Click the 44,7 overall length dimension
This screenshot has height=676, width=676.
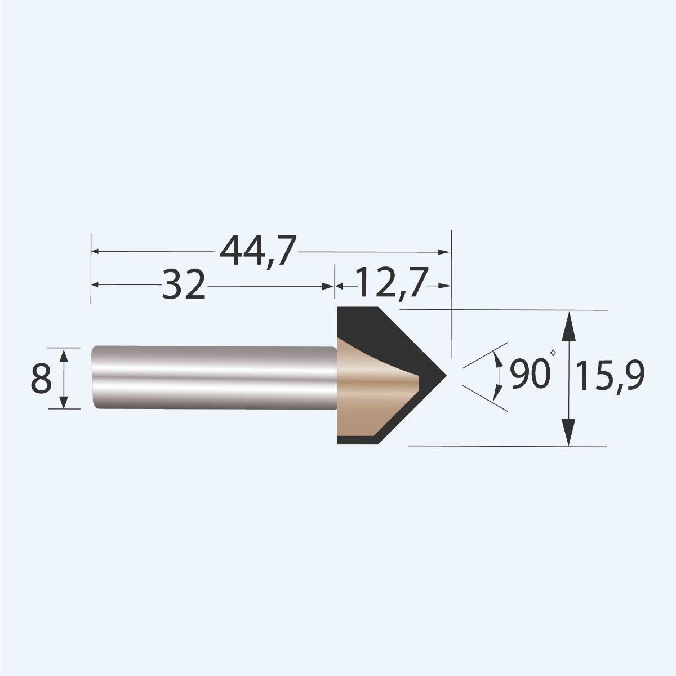click(x=257, y=252)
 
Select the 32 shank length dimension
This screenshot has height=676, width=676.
click(x=183, y=286)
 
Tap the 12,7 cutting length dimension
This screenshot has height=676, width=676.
click(x=388, y=282)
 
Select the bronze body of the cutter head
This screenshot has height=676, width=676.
click(x=366, y=394)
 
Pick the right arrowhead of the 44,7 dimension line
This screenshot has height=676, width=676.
click(x=445, y=252)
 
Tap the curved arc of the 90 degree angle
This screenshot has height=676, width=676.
click(x=499, y=375)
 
